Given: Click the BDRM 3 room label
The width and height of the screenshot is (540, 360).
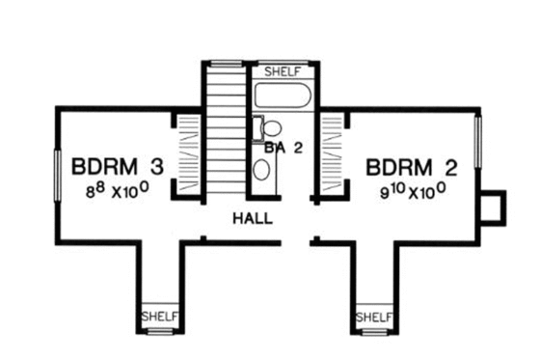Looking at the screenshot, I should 117,166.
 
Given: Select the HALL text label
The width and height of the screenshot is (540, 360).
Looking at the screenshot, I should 251,219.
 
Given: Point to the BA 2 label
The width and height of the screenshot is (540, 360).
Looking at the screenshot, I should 283,149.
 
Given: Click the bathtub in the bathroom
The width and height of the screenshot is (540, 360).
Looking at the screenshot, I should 283,97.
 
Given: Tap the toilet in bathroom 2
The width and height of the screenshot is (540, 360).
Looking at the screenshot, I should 270,129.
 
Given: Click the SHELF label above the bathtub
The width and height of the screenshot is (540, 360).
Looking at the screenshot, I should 283,71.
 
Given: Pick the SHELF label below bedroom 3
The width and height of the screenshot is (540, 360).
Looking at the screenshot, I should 156,316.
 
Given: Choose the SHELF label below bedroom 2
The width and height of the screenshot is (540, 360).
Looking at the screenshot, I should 373,316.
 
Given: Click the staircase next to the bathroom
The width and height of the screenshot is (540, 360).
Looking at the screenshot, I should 227,130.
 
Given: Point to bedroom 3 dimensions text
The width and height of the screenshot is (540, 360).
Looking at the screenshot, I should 115,190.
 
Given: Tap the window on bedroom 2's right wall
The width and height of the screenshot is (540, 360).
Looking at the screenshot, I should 479,146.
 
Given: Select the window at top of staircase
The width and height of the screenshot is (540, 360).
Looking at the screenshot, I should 226,64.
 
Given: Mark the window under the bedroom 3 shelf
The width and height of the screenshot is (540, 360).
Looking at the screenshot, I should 156,332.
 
